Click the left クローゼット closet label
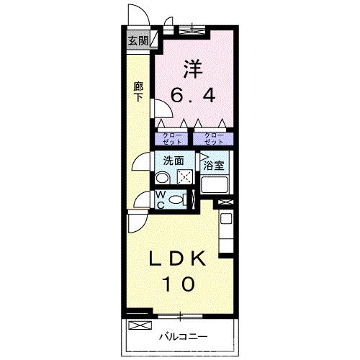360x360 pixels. point(171,139)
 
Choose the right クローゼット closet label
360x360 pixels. point(214,139)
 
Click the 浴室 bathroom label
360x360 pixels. point(214,165)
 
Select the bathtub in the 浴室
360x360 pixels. point(215,185)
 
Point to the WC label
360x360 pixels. point(161,200)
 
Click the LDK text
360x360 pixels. point(178,258)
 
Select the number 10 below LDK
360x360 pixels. point(178,284)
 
